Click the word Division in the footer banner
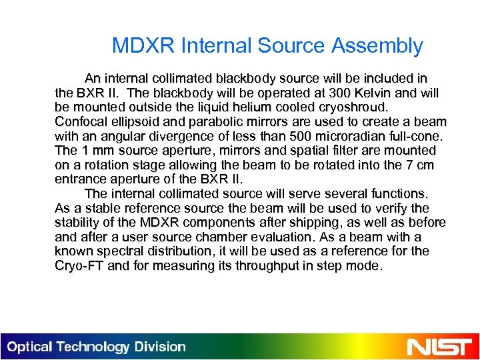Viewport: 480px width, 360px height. click(159, 347)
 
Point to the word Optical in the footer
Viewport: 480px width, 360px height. click(31, 347)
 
